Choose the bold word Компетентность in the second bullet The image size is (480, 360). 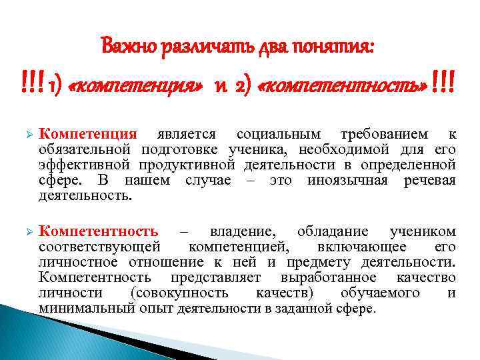coord(98,231)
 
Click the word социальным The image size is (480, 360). coord(277,134)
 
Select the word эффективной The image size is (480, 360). coord(85,165)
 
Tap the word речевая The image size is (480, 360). coord(430,180)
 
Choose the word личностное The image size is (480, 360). coord(79,262)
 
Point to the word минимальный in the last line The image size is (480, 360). coord(87,309)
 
